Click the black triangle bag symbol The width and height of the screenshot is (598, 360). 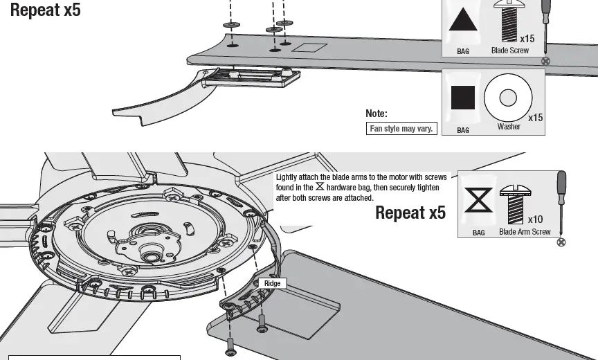click(x=464, y=21)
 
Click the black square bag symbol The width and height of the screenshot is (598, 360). click(x=463, y=97)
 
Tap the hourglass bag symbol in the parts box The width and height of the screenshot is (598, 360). click(x=479, y=201)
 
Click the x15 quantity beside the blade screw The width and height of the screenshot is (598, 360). click(x=527, y=39)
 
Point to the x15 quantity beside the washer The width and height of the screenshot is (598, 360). click(x=535, y=118)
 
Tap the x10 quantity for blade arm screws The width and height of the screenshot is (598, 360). click(x=535, y=219)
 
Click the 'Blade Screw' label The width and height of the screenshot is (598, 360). click(x=509, y=51)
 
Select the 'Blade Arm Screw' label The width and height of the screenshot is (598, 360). click(x=525, y=232)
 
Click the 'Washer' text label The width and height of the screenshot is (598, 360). click(x=509, y=127)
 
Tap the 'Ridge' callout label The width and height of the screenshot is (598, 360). click(x=273, y=284)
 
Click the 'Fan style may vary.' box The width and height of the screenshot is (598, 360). click(x=401, y=129)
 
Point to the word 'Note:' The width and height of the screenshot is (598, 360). click(x=377, y=114)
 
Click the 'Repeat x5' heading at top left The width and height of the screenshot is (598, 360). click(x=45, y=10)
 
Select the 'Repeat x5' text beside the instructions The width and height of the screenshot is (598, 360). click(x=410, y=213)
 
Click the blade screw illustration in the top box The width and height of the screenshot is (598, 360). click(x=507, y=21)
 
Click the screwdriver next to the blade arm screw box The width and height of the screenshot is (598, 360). click(x=562, y=204)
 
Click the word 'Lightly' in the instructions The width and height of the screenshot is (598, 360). click(x=286, y=178)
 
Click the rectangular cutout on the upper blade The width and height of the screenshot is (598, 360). click(x=309, y=48)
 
